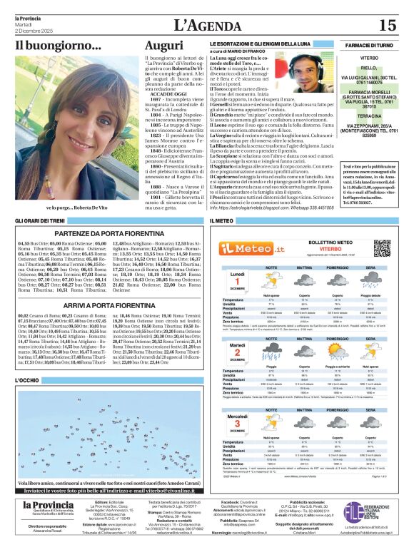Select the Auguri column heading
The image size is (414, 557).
pyautogui.click(x=164, y=46)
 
